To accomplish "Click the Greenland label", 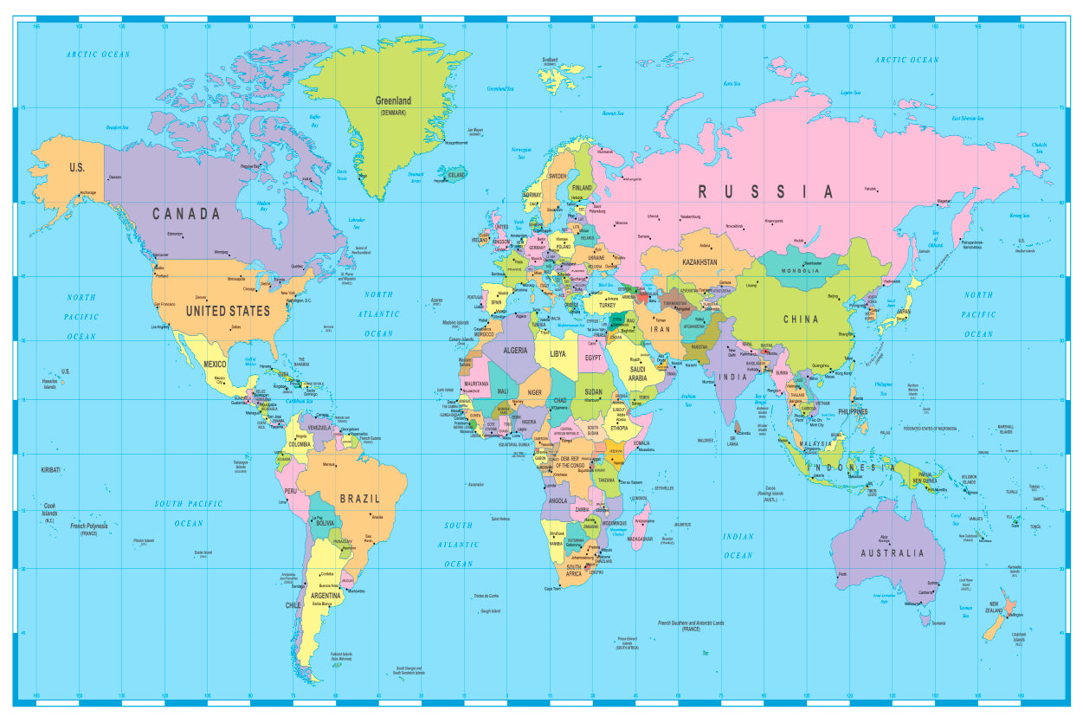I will (x=392, y=100).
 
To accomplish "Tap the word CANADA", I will (x=186, y=214).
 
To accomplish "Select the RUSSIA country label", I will (x=765, y=192).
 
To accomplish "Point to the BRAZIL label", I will (x=359, y=499).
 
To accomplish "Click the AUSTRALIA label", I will (x=892, y=553).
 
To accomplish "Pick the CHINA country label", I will (x=801, y=320).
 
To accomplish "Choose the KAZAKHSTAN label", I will (x=699, y=261).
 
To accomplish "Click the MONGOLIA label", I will (x=801, y=271).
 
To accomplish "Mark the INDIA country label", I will (x=732, y=378).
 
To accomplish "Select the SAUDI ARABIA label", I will (x=637, y=374).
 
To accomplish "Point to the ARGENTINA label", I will (x=326, y=596).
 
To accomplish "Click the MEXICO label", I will (x=215, y=365).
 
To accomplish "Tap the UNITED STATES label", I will (x=228, y=310).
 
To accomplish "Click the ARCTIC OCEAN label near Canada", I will (x=98, y=55).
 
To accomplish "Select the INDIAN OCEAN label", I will (x=738, y=545).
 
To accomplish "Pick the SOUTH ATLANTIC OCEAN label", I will (x=459, y=545).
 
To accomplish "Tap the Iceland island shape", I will (x=453, y=175).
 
